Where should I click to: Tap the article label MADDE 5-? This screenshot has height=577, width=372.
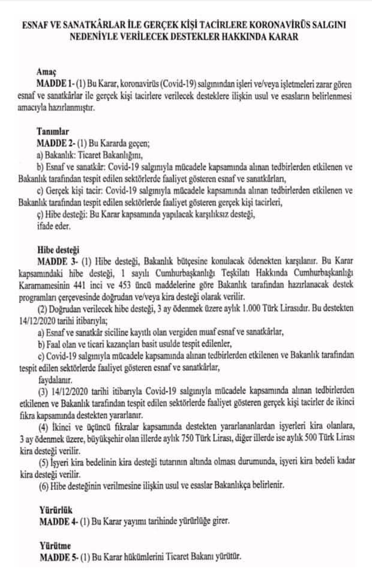pyautogui.click(x=57, y=557)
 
